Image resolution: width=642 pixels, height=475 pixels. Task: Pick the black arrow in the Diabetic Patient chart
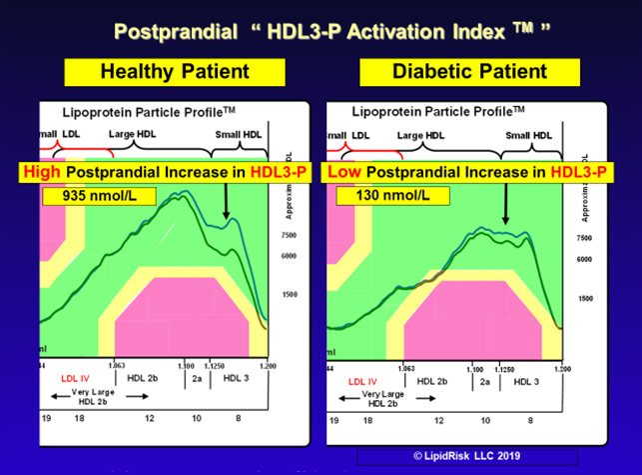click(x=506, y=205)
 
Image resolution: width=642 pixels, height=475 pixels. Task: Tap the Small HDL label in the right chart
click(x=529, y=135)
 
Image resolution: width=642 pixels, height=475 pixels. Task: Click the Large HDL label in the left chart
click(x=135, y=134)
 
